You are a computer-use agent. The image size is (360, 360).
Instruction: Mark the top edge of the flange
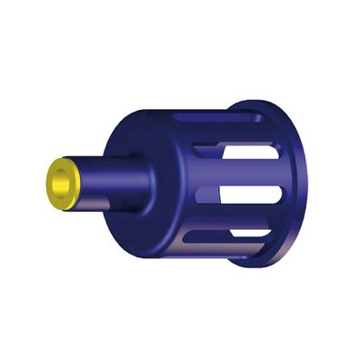click(273, 102)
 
